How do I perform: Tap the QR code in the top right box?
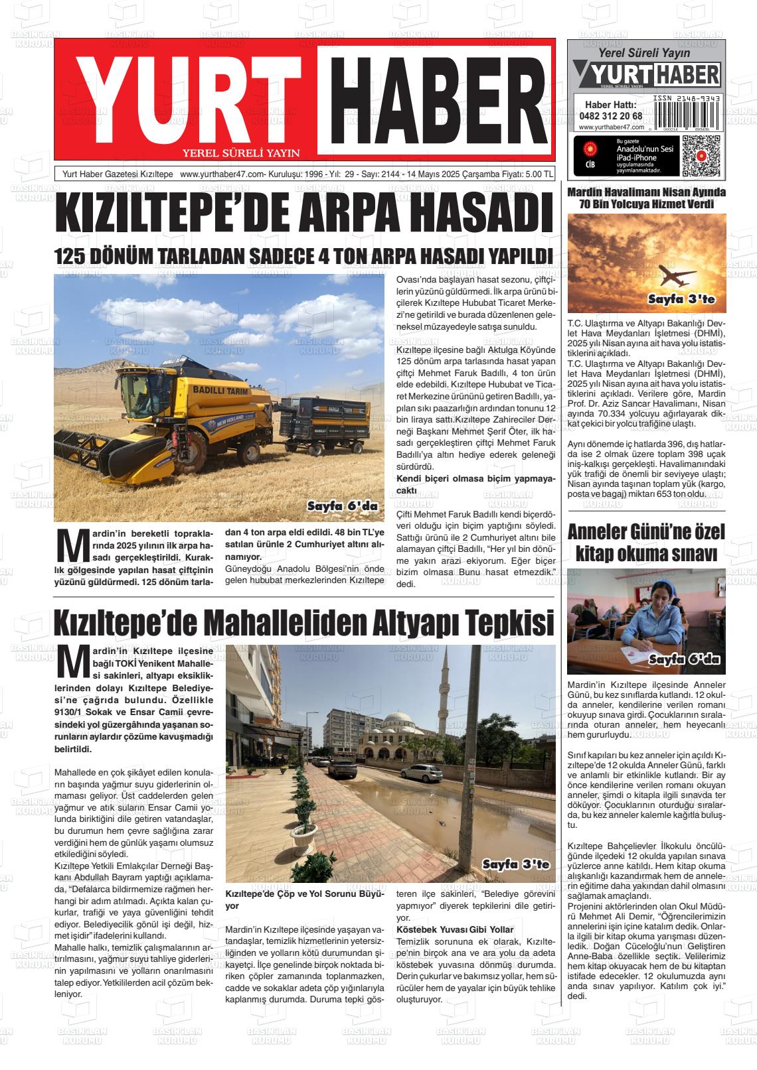coord(701,156)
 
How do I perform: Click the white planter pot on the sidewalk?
coord(301,843)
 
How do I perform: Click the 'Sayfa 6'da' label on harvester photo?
coord(342,506)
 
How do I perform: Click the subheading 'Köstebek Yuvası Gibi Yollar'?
coord(454,929)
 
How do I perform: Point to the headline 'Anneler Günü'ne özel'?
coord(646,532)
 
